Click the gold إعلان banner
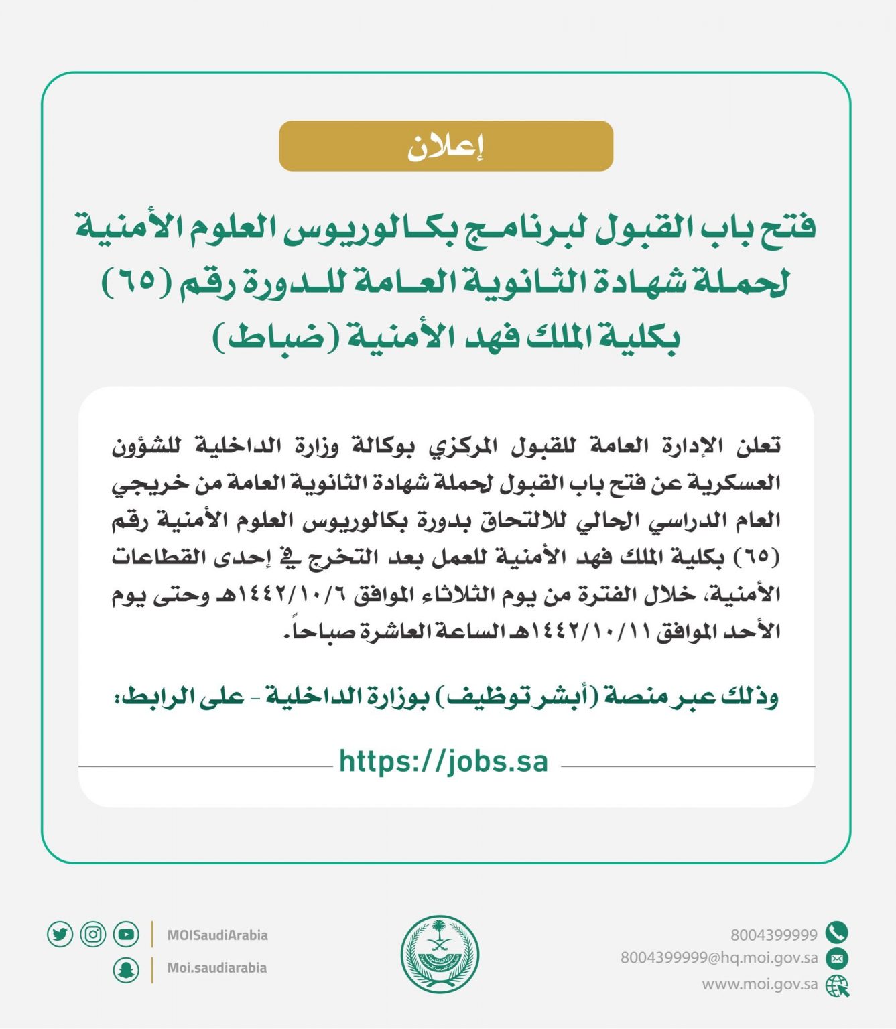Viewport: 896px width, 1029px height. point(446,146)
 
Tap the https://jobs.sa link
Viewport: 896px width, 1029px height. point(444,762)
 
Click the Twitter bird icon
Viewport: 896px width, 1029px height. point(60,934)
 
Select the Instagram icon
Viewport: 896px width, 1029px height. point(93,934)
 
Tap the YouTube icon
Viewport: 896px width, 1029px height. point(126,934)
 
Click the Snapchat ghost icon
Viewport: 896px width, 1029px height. point(126,969)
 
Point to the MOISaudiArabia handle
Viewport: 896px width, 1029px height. point(217,935)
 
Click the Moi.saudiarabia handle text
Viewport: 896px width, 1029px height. point(216,968)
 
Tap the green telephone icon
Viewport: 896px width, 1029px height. point(837,933)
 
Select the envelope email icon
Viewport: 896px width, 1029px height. point(837,959)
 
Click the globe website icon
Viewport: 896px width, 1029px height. point(837,985)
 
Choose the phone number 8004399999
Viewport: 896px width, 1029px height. point(774,935)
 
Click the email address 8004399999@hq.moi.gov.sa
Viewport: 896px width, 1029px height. point(719,959)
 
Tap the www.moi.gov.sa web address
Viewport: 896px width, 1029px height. point(760,985)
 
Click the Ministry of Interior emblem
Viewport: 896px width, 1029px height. point(440,954)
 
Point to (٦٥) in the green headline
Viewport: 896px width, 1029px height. point(137,282)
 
